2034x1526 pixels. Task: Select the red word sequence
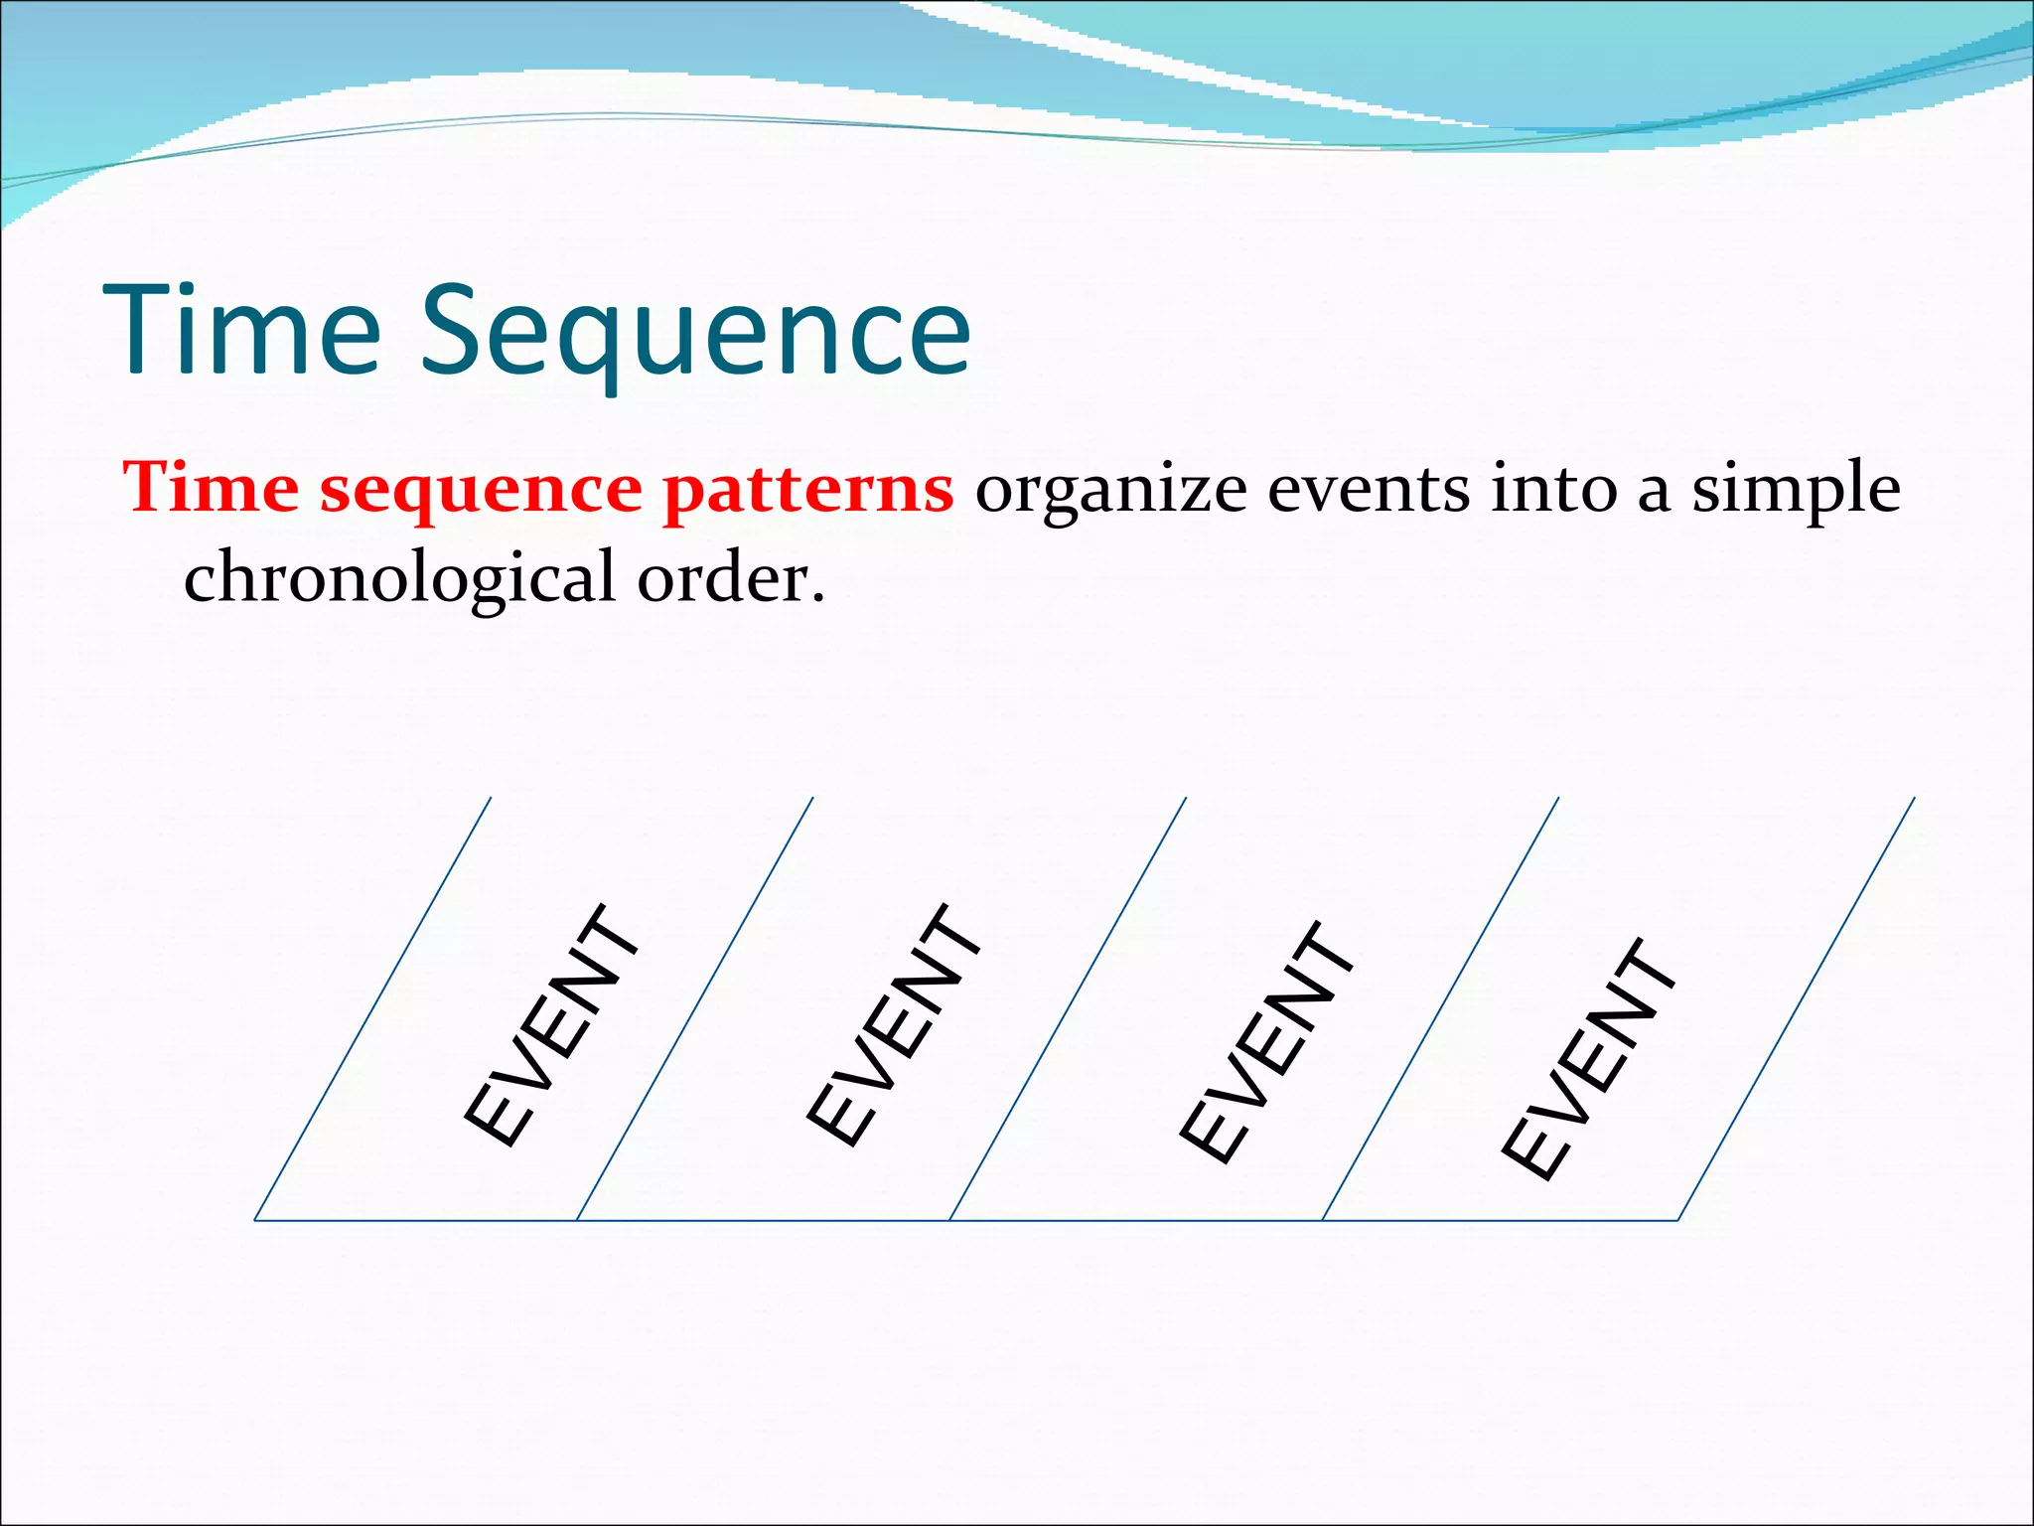481,492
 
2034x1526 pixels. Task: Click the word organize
1110,492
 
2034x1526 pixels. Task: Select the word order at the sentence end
730,578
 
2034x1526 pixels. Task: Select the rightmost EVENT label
1589,1058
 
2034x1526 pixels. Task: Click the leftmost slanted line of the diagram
372,1008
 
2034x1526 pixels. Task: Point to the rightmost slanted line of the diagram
1797,1008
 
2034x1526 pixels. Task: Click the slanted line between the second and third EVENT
1068,1008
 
